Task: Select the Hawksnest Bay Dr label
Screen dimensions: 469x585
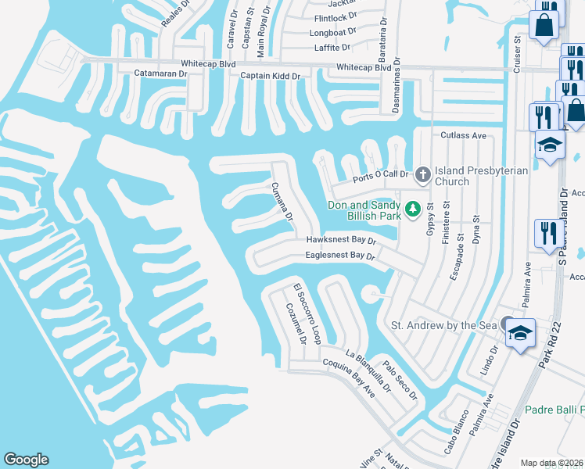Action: pyautogui.click(x=341, y=241)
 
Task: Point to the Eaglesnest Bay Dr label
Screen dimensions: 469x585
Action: pyautogui.click(x=340, y=256)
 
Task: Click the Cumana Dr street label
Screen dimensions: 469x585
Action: pyautogui.click(x=281, y=201)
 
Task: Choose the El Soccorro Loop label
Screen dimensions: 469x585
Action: pyautogui.click(x=307, y=314)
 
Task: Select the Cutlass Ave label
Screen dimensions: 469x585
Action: pyautogui.click(x=464, y=135)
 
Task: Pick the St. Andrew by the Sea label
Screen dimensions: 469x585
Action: pyautogui.click(x=444, y=324)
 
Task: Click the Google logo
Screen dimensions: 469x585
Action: pyautogui.click(x=26, y=460)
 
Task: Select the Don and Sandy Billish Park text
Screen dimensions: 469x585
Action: pyautogui.click(x=364, y=210)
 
